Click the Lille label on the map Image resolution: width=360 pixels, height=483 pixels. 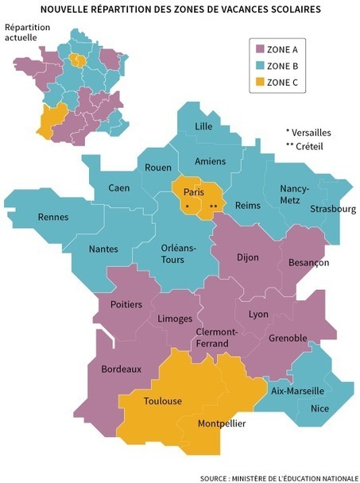pos(205,127)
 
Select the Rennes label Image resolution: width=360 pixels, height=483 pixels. pos(53,218)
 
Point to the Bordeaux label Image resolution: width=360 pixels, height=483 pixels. pos(121,369)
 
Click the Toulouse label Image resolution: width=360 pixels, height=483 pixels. pos(163,400)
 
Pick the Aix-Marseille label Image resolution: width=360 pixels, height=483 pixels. pos(297,391)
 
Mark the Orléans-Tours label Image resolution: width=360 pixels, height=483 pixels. pos(167,253)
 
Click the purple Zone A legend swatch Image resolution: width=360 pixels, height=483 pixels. pos(256,47)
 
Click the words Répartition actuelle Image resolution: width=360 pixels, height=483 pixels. pos(27,33)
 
